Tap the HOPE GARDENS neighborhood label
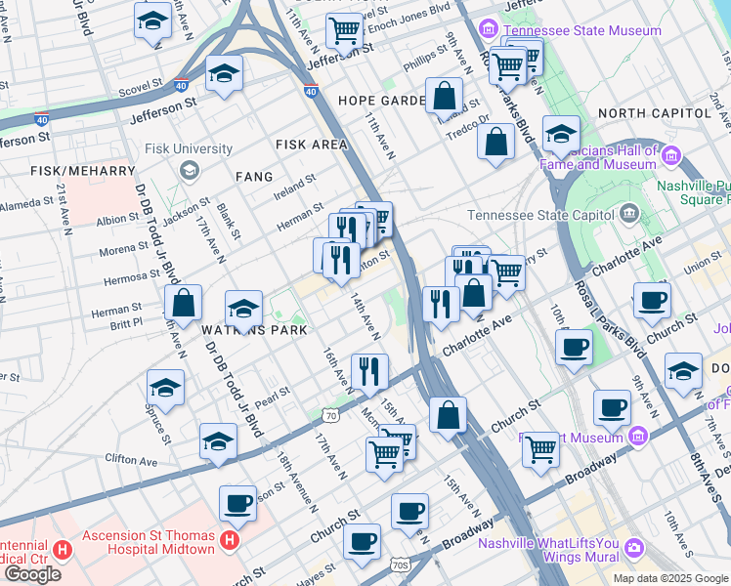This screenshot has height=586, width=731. [383, 101]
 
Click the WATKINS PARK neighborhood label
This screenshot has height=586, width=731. [254, 331]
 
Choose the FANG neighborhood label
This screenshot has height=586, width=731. [253, 177]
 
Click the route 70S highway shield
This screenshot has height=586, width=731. [399, 565]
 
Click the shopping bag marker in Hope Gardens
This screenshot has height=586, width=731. [444, 97]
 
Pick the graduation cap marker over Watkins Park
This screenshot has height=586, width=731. [242, 310]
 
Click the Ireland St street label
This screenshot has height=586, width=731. [294, 185]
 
